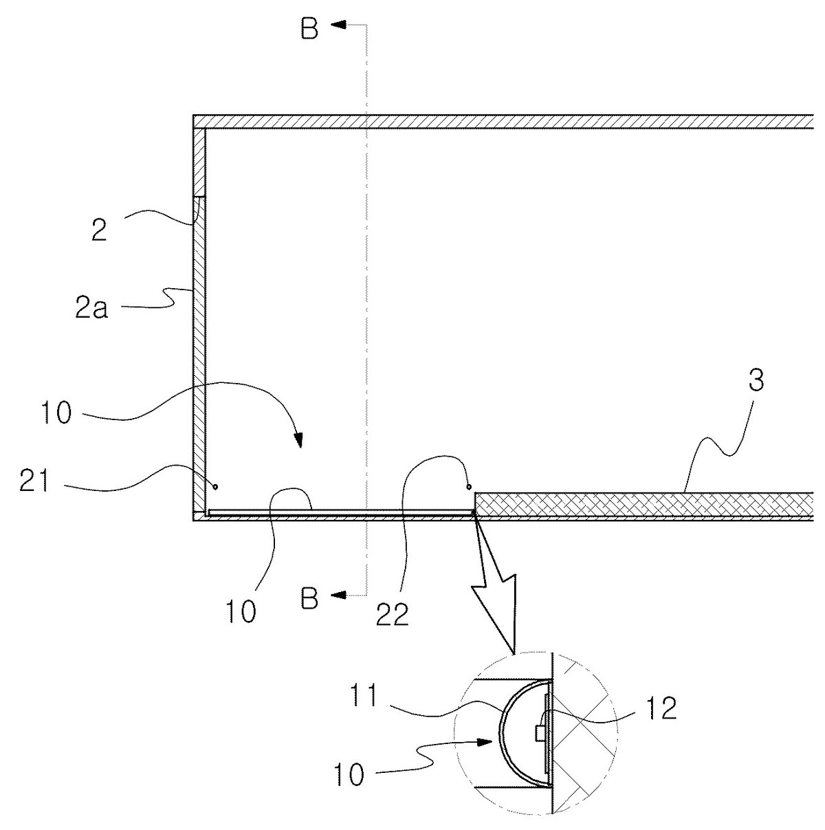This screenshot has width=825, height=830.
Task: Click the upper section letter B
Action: coord(310,29)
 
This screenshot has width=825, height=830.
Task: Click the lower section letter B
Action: coord(310,598)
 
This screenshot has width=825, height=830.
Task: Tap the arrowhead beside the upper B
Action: coord(339,25)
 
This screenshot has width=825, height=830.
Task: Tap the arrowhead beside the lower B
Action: coord(339,595)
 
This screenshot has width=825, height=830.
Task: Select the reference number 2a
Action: coord(91,308)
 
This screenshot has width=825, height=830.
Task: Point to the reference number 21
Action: coord(34,482)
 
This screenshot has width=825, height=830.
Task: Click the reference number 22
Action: coord(392,615)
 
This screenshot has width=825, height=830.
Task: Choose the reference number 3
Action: coord(756,381)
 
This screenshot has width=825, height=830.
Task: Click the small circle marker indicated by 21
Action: coord(216,487)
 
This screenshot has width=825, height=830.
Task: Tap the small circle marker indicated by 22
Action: coord(469,487)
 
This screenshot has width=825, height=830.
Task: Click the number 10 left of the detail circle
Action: coord(349,775)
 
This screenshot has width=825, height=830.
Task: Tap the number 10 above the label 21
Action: coord(56,413)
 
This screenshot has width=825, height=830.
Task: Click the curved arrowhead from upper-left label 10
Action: coord(298,439)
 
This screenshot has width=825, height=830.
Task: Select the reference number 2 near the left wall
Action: coord(100,230)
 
